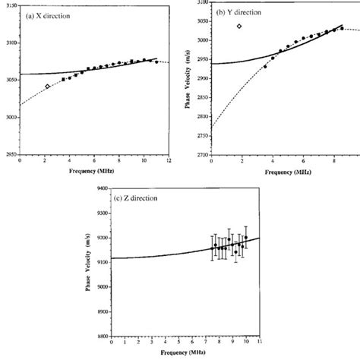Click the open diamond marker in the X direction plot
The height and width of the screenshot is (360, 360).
click(47, 87)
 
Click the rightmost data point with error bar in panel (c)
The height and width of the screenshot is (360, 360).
click(245, 238)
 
